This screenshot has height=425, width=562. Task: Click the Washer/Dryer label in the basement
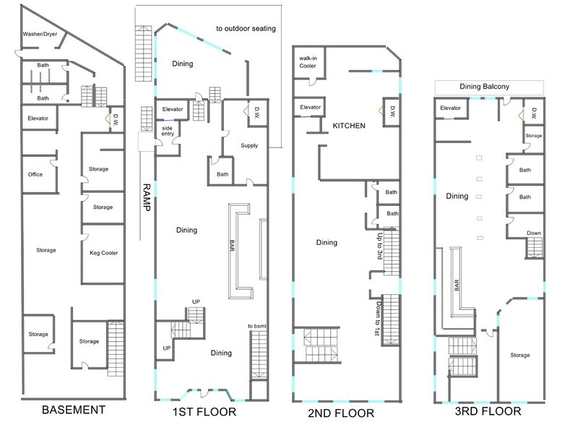(40, 35)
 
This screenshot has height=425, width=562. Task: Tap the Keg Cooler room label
(103, 253)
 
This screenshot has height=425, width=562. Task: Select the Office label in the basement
(35, 174)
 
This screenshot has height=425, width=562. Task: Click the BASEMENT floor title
(74, 410)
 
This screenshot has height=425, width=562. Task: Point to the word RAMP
(147, 197)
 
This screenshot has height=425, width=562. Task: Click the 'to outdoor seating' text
(246, 28)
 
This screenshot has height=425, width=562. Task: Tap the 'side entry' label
(168, 131)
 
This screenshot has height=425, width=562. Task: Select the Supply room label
(249, 145)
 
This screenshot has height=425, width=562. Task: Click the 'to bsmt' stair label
(257, 326)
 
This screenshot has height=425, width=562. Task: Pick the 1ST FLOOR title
(204, 412)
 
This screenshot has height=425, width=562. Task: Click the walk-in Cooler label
(308, 62)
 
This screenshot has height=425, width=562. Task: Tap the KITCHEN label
(349, 126)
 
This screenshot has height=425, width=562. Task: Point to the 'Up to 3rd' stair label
(379, 246)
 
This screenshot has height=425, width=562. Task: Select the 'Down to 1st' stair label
(377, 319)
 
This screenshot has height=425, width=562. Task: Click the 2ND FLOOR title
(341, 413)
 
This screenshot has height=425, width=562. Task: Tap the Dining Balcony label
(484, 87)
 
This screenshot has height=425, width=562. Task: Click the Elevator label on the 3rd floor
(451, 108)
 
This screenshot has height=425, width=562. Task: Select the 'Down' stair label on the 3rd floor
(534, 233)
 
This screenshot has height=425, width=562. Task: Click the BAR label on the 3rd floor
(457, 285)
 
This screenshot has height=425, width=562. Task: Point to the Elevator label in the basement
(38, 119)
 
